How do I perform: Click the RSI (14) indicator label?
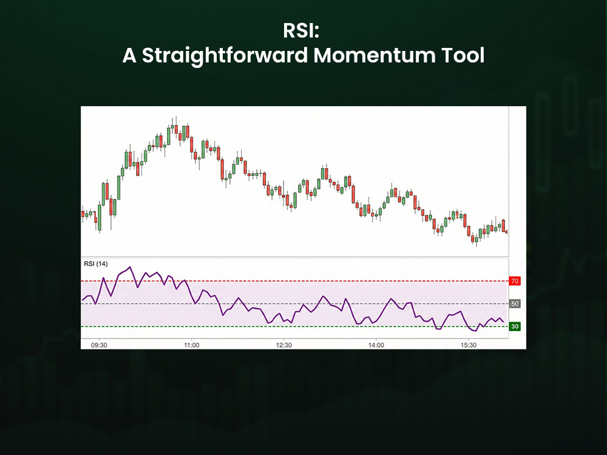95,263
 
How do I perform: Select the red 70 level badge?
515,281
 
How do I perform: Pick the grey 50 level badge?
515,303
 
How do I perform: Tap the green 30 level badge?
515,326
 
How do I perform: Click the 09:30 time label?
99,345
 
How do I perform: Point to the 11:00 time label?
191,345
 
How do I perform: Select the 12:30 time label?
283,345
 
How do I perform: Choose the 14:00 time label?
376,345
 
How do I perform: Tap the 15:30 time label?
468,345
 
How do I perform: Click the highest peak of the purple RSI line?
131,267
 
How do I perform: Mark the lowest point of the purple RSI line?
475,331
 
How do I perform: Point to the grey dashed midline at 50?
291,303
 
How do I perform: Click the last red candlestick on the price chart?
503,225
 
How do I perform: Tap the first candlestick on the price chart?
83,213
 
